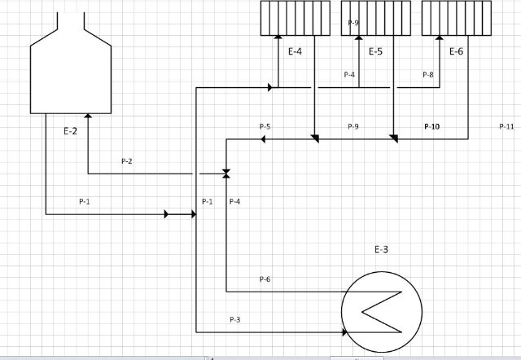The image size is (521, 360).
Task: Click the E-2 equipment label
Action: pos(70,131)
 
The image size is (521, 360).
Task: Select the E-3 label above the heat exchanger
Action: pos(381,249)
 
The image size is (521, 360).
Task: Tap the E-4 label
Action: pos(295,51)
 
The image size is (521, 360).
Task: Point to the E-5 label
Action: pos(376,51)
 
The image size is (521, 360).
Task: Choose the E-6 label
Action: pos(456,51)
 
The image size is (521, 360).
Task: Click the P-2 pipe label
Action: pos(127,161)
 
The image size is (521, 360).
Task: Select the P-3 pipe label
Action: pos(235,319)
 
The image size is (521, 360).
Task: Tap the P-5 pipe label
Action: pos(265,126)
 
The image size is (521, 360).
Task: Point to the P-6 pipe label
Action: pos(265,279)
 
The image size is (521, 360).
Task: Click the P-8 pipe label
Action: pos(428,74)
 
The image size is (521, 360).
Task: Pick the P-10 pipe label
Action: pos(432,126)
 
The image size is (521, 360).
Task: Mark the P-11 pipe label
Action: pos(506,126)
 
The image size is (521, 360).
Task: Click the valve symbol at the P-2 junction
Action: pos(226,173)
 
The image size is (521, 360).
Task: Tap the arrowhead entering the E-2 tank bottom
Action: pos(88,116)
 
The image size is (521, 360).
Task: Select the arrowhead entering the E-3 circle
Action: pos(344,332)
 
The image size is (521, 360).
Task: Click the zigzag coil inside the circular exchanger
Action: pos(382,312)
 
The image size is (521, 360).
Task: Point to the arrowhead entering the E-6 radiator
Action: pos(440,37)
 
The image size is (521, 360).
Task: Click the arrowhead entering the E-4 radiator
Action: pos(278,37)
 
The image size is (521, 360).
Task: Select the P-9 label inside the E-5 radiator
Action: pos(353,23)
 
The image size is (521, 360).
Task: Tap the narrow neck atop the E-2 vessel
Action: pos(71,21)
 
